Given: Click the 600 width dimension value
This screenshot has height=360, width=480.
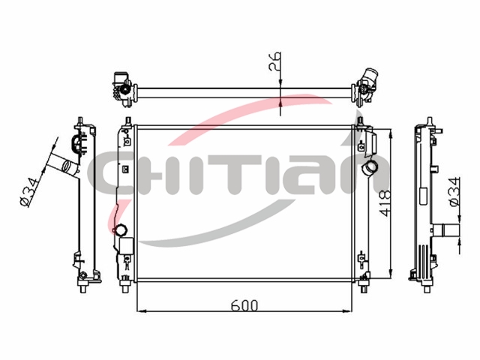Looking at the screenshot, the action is tap(244, 305).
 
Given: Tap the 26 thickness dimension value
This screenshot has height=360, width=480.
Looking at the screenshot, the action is tap(274, 61).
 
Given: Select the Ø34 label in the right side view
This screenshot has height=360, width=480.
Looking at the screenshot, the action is tap(454, 192).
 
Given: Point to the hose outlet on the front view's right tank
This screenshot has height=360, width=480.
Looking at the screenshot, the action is tap(370, 169).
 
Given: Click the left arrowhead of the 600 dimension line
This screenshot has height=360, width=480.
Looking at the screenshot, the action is tap(140, 311).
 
